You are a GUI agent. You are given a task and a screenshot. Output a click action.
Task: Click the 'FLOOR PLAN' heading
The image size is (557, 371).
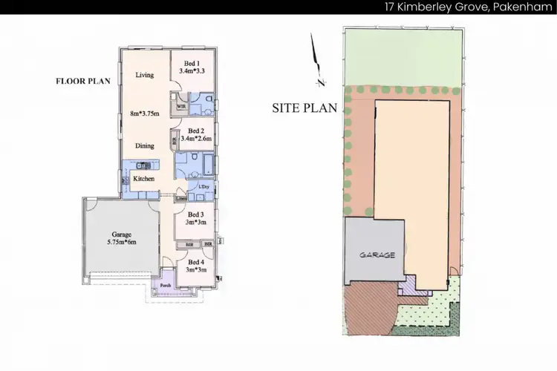click(83, 82)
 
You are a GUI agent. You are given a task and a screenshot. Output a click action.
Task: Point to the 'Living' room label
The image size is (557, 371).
click(144, 75)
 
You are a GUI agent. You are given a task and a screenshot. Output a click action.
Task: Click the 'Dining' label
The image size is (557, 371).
click(144, 146)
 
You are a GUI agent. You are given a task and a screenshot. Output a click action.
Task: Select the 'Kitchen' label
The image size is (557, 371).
click(143, 180)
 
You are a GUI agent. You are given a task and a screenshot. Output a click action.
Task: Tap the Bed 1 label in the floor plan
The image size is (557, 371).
click(192, 64)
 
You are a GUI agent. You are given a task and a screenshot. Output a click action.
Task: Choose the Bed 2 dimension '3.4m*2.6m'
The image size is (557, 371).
click(196, 139)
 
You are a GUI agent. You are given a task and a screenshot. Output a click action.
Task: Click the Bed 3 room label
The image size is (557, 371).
click(196, 215)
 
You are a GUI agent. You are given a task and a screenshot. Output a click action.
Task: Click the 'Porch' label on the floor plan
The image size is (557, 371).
click(166, 286)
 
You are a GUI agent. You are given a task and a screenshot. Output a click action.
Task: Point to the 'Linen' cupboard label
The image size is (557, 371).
click(181, 199)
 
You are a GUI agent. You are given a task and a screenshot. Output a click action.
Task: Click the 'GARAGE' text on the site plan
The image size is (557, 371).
click(378, 254)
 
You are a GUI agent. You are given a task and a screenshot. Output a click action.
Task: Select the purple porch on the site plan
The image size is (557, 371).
click(408, 286)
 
